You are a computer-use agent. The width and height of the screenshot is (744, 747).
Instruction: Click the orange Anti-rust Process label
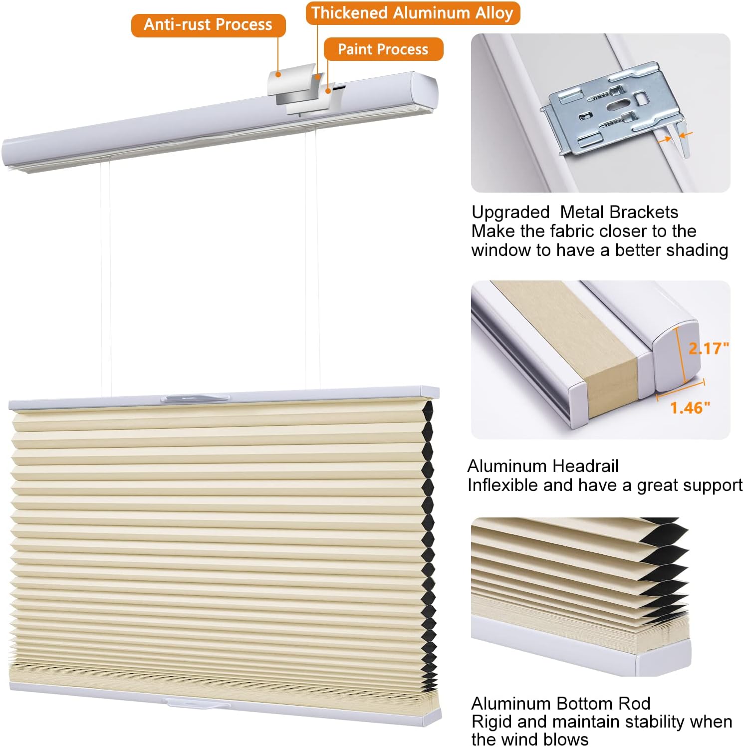point(208,25)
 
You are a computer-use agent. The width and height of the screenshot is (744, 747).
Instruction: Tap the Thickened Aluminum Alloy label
point(412,13)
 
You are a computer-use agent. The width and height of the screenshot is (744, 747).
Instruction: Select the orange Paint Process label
point(383,49)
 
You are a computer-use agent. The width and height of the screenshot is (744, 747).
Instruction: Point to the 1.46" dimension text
point(690,408)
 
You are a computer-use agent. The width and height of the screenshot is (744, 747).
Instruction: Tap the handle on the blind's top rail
point(195,398)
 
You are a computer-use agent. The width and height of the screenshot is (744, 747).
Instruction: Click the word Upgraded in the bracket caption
point(510,212)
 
